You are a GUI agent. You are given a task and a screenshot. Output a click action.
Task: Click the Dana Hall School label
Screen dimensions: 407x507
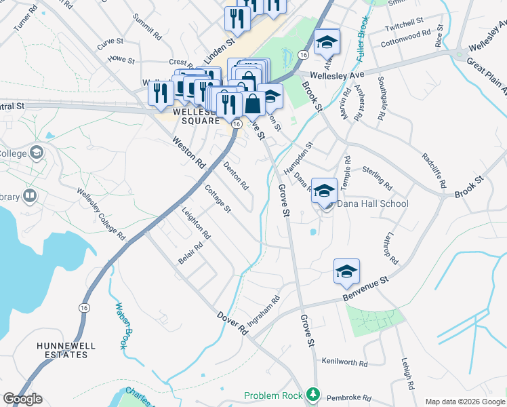(373, 203)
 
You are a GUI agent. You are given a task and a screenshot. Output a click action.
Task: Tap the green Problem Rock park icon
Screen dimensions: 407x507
(312, 394)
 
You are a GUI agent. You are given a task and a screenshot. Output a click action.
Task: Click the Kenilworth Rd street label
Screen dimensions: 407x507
(344, 362)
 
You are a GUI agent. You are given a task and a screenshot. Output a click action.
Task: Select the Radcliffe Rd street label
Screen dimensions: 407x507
(434, 170)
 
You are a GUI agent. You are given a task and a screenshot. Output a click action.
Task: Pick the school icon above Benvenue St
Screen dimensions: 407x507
(346, 272)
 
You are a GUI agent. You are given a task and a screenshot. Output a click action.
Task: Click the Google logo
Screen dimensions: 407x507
(22, 399)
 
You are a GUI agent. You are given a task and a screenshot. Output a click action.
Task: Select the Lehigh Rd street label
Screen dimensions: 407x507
(407, 374)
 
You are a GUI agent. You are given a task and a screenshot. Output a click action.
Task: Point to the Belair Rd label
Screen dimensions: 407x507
(190, 254)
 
